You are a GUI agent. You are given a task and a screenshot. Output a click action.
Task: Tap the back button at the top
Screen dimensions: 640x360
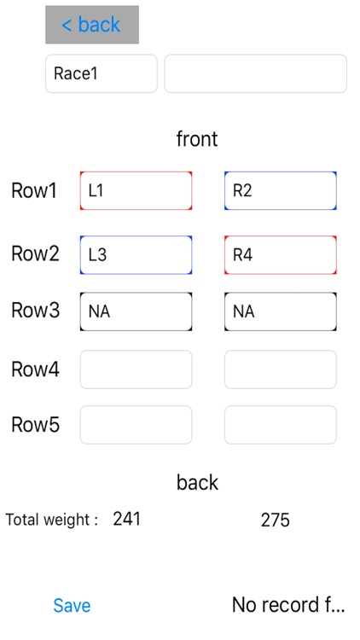[x=91, y=25]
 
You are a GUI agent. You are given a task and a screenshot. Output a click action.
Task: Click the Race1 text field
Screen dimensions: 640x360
[x=101, y=73]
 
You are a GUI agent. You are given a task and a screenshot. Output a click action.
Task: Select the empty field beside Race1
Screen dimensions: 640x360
[x=255, y=73]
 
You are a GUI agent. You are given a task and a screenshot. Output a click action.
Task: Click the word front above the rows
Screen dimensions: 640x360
[x=197, y=138]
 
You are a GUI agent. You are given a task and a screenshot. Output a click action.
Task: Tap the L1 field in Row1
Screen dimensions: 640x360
[x=136, y=190]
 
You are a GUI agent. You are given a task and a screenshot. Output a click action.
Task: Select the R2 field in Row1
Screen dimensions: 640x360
[x=280, y=190]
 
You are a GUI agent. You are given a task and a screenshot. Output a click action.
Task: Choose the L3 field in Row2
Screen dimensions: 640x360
[x=136, y=254]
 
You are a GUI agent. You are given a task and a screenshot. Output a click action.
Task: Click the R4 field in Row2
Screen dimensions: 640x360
[x=280, y=254]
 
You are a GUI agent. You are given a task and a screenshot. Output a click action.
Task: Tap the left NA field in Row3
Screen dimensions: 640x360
[x=136, y=311]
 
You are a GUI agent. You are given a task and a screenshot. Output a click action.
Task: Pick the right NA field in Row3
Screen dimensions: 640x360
[x=280, y=311]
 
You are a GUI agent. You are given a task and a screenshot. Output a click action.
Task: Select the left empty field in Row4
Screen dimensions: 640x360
[x=136, y=369]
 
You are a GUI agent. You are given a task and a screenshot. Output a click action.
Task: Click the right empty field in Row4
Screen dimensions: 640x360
[x=280, y=369]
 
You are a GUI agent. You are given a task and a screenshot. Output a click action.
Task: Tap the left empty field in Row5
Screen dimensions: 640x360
[x=136, y=424]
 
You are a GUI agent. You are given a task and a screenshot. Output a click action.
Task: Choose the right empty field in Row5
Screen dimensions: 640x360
[x=280, y=424]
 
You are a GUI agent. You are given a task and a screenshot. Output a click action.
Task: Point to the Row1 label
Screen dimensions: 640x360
[x=34, y=190]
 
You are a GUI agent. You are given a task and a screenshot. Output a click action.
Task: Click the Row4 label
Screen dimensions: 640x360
[x=35, y=369]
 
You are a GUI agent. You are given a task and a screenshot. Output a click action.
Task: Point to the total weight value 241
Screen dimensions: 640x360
[x=126, y=519]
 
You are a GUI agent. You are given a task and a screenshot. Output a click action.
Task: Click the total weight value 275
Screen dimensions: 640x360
[x=275, y=520]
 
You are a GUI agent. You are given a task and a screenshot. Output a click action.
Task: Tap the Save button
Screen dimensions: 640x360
[x=72, y=605]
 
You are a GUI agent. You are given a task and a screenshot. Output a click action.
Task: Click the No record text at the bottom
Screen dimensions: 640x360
[x=288, y=605]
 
